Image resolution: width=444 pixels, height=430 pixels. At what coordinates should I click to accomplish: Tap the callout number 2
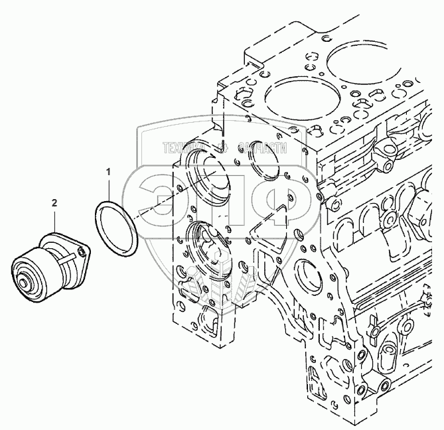[55, 202]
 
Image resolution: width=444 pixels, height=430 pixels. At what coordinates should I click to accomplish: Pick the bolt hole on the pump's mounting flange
[84, 248]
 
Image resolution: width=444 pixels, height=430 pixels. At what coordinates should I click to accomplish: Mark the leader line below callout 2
[56, 219]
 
